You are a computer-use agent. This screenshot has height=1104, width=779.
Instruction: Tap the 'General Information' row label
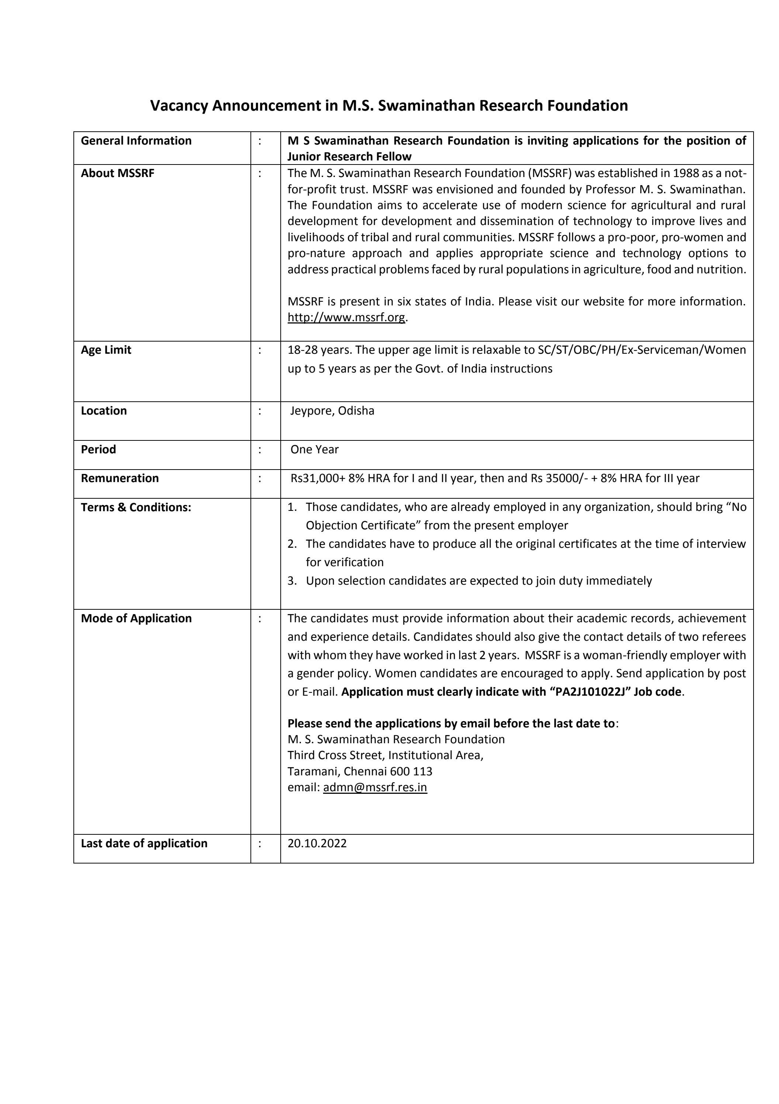136,141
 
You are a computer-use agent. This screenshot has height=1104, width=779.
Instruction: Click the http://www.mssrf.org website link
346,317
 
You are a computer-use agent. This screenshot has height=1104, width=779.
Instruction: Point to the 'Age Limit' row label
106,350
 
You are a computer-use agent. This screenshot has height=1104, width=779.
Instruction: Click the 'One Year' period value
315,450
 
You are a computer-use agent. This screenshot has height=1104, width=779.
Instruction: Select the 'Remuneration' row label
120,478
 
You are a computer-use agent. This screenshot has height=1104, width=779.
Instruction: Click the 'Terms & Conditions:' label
136,508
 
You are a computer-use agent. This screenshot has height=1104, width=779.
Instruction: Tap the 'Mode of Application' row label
136,618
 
